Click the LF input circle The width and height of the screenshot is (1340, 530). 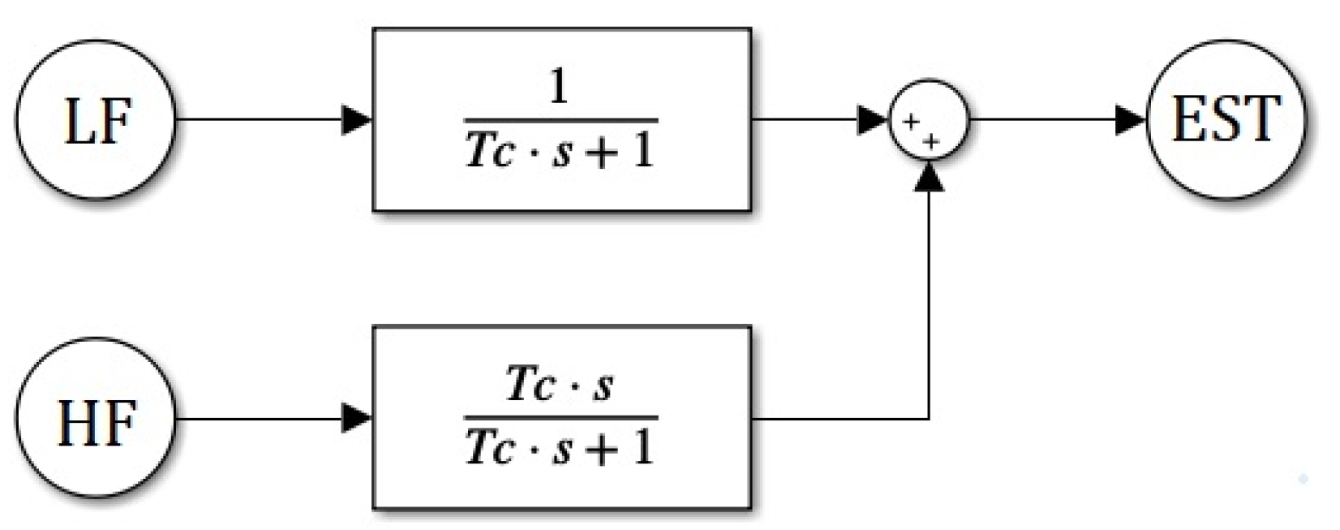pos(96,120)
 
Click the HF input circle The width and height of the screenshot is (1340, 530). pos(96,419)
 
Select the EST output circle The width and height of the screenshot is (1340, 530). pos(1226,120)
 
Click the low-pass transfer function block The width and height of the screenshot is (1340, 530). pos(561,120)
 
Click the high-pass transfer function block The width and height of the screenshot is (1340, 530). pos(561,417)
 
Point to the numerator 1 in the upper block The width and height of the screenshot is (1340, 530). pos(559,88)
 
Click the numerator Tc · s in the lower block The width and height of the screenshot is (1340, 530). pos(559,384)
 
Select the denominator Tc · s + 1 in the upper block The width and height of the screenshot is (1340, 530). pos(560,151)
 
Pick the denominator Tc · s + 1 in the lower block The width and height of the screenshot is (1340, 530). pos(560,448)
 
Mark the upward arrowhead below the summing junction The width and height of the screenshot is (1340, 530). pos(929,175)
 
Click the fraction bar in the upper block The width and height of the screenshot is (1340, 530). pos(560,121)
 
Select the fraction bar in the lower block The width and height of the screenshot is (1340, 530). pos(560,417)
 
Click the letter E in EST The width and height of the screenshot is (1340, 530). pos(1188,120)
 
